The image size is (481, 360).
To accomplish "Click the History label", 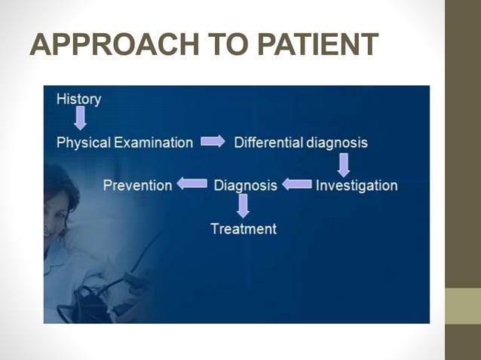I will (x=78, y=99).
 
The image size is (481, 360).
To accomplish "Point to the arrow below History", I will (x=79, y=118).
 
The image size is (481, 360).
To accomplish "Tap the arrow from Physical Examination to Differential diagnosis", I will (x=213, y=141).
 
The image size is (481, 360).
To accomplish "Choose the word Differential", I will (x=268, y=142).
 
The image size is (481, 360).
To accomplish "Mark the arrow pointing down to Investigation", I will (x=343, y=163).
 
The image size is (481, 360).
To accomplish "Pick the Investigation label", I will (x=357, y=185).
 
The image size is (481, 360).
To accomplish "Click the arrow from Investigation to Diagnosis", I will (x=297, y=184).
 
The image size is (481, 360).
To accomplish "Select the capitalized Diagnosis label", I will (x=246, y=185).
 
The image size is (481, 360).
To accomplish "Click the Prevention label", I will (x=137, y=185).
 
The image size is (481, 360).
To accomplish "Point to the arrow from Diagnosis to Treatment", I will (x=243, y=206).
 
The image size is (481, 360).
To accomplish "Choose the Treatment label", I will (x=243, y=228).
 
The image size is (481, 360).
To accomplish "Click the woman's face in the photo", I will (x=57, y=207).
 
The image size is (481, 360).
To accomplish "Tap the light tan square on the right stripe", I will (x=462, y=305).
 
